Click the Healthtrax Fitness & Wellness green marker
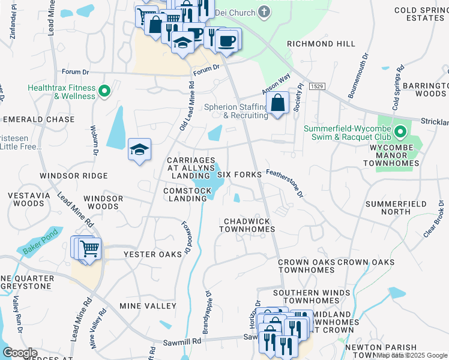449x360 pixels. click(x=105, y=92)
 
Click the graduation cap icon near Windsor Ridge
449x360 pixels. click(x=139, y=150)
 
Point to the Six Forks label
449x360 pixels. click(x=239, y=175)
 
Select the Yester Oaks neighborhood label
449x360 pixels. click(x=152, y=254)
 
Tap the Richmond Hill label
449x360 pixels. click(x=317, y=44)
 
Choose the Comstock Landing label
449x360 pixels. click(x=187, y=195)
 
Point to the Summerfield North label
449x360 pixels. click(x=396, y=208)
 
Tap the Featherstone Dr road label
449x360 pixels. click(x=285, y=182)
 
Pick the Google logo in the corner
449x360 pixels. click(x=20, y=353)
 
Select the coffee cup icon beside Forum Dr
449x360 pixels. click(x=226, y=41)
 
